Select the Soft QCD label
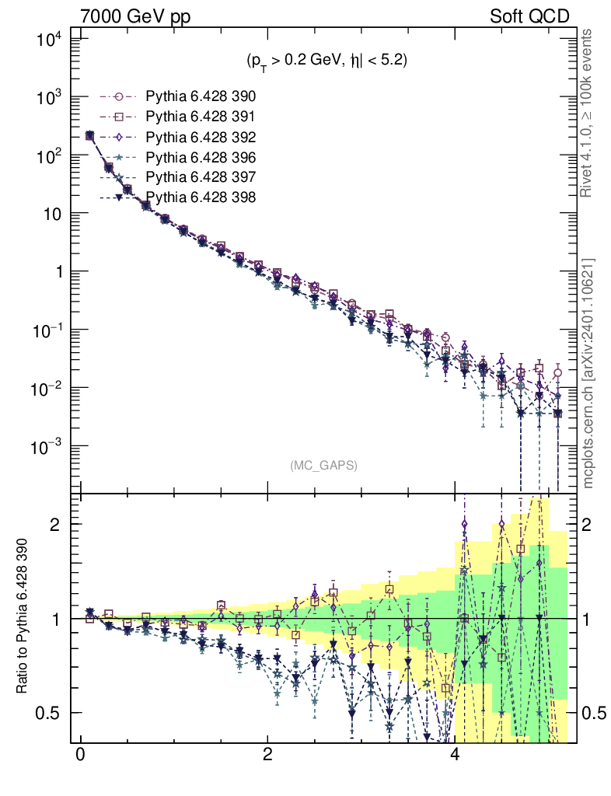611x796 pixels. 530,16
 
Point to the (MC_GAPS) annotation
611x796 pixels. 323,466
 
